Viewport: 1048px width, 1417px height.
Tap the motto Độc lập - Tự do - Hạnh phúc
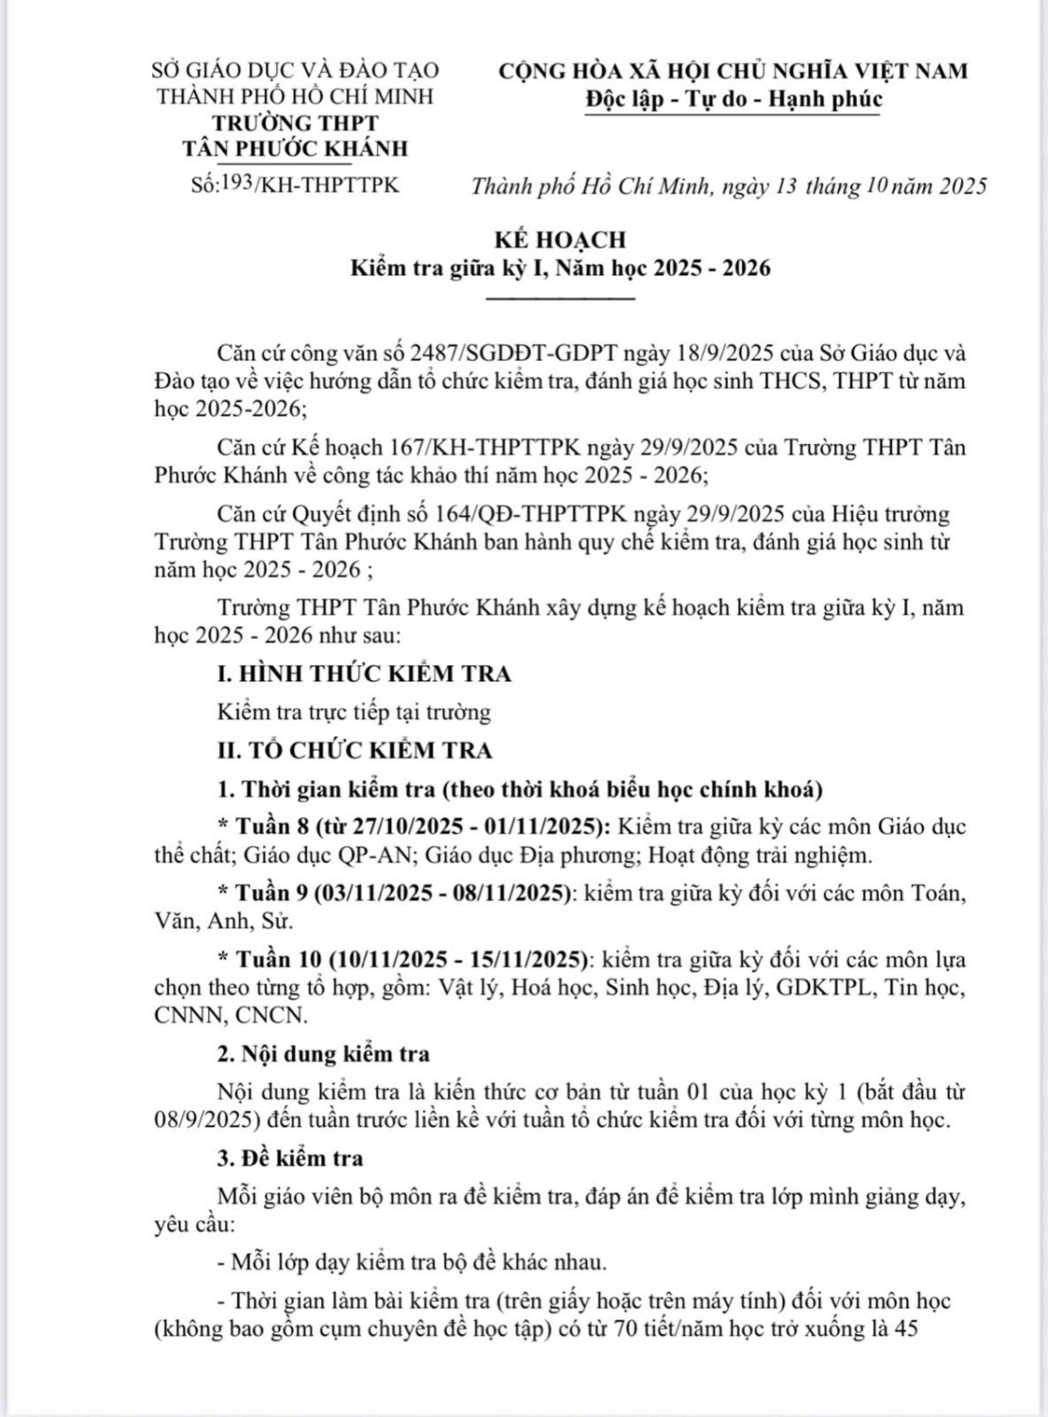click(733, 98)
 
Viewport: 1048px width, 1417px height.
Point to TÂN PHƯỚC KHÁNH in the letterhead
click(296, 148)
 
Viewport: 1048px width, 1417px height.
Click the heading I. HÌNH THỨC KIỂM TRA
click(364, 674)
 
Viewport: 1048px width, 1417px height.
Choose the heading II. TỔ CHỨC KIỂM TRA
click(354, 750)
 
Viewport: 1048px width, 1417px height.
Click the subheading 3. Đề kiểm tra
click(290, 1158)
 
